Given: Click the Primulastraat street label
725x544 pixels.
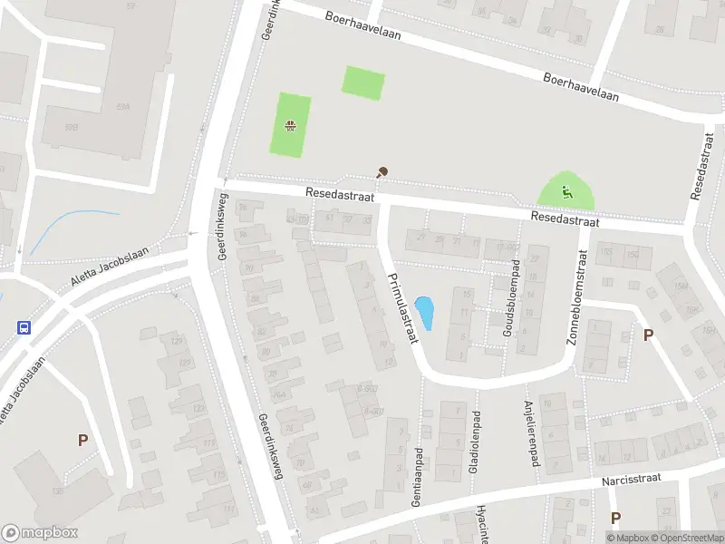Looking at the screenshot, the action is tap(401, 308).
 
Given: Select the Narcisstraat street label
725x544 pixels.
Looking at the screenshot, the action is tap(632, 478).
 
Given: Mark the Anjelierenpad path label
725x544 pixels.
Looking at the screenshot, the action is tap(530, 434).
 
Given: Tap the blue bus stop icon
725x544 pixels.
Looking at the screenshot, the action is tap(24, 328).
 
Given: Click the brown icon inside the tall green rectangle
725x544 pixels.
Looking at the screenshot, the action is tap(290, 127).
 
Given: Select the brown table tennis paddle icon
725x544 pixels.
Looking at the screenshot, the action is tap(382, 171).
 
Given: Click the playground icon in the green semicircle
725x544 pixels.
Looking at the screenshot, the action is tap(566, 191).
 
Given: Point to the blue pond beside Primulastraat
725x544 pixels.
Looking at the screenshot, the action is tap(423, 314).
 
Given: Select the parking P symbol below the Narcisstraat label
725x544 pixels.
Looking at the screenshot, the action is tap(615, 518).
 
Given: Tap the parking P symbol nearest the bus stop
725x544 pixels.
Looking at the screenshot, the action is tap(82, 441).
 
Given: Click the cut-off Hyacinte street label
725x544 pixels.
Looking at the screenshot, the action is tap(484, 524).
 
